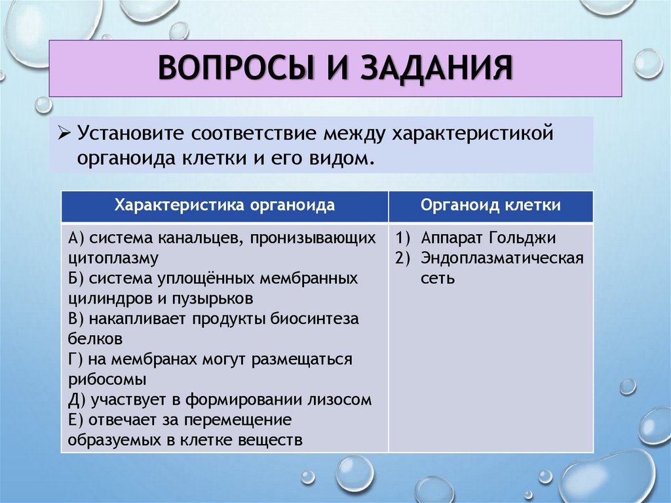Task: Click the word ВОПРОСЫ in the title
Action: (x=233, y=68)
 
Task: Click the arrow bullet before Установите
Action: (x=64, y=134)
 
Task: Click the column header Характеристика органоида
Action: (x=225, y=205)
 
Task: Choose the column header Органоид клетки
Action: (x=490, y=205)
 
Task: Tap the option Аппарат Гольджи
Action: (x=489, y=237)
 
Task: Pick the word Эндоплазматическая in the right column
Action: (x=502, y=258)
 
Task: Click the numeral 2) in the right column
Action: (x=402, y=258)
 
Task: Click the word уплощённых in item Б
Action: (x=205, y=278)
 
